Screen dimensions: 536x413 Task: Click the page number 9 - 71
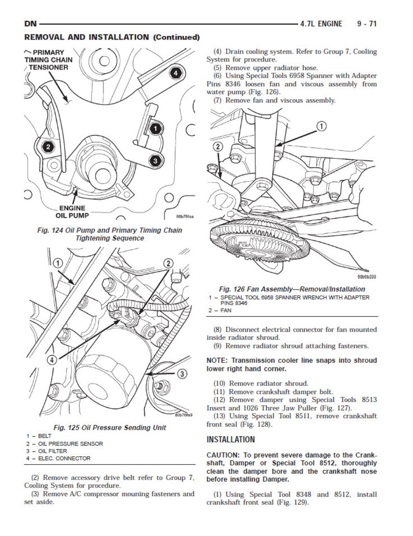[x=367, y=24]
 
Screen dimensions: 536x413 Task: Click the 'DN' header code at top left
[x=31, y=24]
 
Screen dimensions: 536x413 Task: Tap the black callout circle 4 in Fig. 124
[x=176, y=73]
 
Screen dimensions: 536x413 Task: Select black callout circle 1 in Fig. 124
[x=155, y=127]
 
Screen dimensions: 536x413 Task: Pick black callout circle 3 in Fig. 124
[x=155, y=161]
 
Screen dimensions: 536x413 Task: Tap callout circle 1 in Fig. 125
[x=57, y=264]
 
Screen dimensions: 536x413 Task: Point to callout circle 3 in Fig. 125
[x=183, y=374]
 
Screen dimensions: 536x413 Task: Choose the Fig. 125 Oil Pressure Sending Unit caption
[x=110, y=427]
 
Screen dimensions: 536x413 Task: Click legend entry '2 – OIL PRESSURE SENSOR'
[x=64, y=443]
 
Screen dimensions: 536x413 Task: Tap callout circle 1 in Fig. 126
[x=321, y=126]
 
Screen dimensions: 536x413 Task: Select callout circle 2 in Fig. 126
[x=218, y=147]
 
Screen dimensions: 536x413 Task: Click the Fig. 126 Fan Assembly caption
[x=292, y=289]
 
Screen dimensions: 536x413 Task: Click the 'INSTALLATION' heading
[x=230, y=439]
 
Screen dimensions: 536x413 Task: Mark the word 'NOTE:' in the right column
[x=217, y=360]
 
